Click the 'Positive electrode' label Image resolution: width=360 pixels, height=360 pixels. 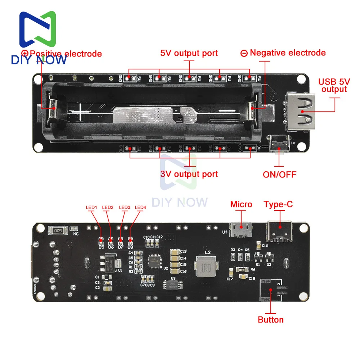(x=66, y=54)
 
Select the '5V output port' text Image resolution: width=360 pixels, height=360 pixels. (x=189, y=53)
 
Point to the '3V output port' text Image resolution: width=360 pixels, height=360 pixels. (x=189, y=174)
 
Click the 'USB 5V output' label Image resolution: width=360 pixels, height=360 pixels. (x=334, y=85)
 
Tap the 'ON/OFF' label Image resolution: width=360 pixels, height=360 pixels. (x=279, y=175)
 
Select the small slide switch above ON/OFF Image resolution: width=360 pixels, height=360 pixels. (x=280, y=143)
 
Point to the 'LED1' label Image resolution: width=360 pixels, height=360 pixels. (x=91, y=207)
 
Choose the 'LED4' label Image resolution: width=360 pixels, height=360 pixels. (x=140, y=207)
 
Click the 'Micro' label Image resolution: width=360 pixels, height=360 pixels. (x=241, y=204)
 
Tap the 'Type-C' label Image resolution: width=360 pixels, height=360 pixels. (x=278, y=204)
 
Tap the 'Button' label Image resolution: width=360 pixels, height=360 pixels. (x=270, y=320)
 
